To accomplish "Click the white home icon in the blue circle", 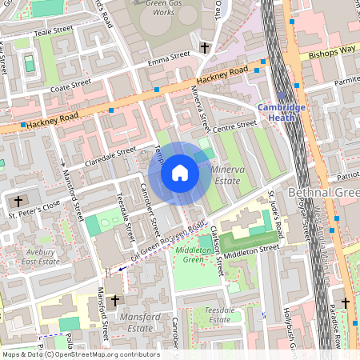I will (180, 173).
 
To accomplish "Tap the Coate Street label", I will (70, 83).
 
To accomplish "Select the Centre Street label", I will (234, 126).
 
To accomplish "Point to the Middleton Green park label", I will (188, 254).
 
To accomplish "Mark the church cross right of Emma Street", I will (204, 49).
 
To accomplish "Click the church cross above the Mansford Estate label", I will (114, 301).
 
